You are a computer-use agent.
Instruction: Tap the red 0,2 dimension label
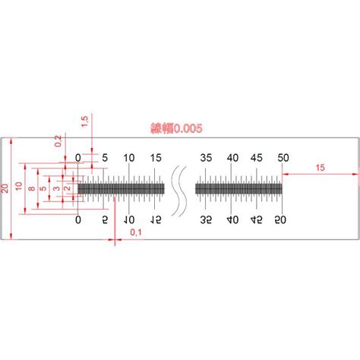click(x=58, y=141)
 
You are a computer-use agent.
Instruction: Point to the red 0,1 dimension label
click(x=135, y=232)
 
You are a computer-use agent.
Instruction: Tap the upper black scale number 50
click(x=283, y=157)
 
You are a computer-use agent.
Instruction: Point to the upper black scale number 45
click(x=257, y=157)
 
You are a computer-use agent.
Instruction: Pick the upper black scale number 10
click(x=129, y=157)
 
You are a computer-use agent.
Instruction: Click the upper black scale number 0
click(x=78, y=157)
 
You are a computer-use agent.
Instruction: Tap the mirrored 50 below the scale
click(x=283, y=219)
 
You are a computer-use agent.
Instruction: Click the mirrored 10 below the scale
click(x=129, y=219)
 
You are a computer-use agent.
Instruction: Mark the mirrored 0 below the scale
click(x=78, y=219)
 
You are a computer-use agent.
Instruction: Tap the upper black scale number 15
click(x=155, y=157)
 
